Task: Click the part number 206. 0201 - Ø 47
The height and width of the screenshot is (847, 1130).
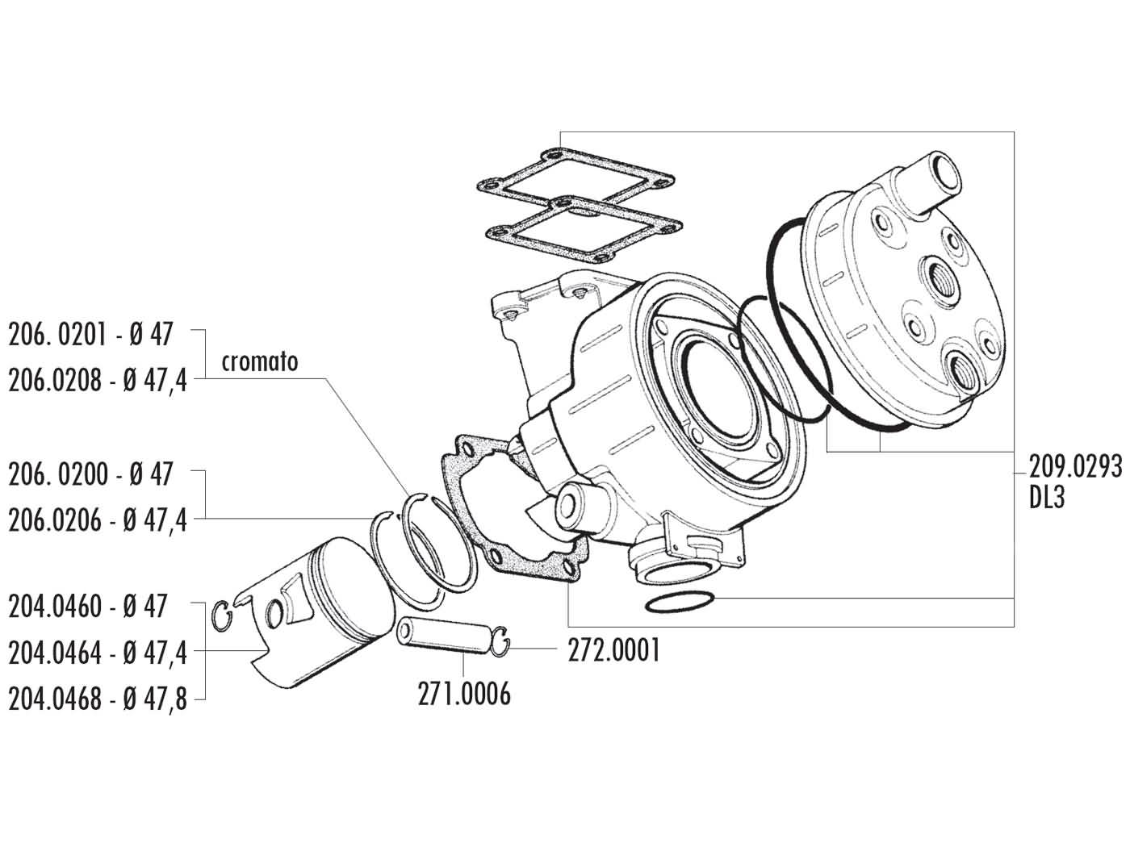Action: click(x=90, y=334)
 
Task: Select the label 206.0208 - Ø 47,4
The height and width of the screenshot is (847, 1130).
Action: click(x=97, y=381)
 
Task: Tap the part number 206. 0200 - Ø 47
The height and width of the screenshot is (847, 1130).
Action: click(x=90, y=474)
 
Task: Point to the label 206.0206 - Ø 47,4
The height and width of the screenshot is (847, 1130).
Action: click(x=97, y=521)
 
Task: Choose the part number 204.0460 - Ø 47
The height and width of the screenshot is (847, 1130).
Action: click(x=88, y=606)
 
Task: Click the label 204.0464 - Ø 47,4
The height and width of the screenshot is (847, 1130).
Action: click(x=97, y=653)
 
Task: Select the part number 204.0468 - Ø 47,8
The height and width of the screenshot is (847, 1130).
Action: click(x=97, y=699)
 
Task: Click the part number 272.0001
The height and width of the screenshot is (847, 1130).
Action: click(x=613, y=650)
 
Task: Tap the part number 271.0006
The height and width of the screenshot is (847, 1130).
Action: click(x=464, y=694)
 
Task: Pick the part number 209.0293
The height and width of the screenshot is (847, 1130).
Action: click(x=1074, y=466)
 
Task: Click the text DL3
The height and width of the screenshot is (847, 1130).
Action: click(x=1047, y=499)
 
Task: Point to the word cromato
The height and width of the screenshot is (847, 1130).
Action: click(x=261, y=361)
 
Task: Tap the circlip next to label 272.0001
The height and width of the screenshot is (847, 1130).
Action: click(x=501, y=641)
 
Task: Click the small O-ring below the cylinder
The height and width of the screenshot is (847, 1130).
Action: click(x=680, y=603)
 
